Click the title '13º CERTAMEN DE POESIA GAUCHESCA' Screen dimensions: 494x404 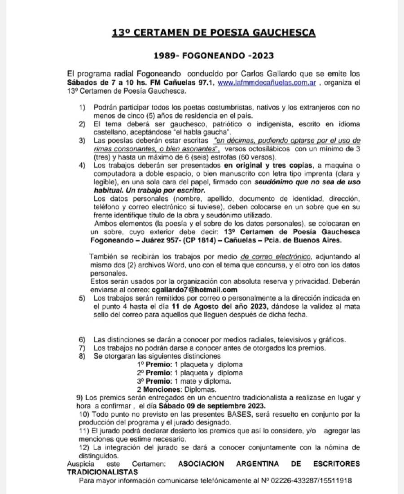coord(214,33)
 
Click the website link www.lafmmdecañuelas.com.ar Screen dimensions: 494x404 coord(267,83)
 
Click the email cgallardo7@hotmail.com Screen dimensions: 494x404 coord(194,290)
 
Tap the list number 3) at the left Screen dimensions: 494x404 coord(82,141)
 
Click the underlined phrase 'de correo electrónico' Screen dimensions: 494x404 coord(276,257)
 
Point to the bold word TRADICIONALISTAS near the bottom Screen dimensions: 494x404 coord(102,472)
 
